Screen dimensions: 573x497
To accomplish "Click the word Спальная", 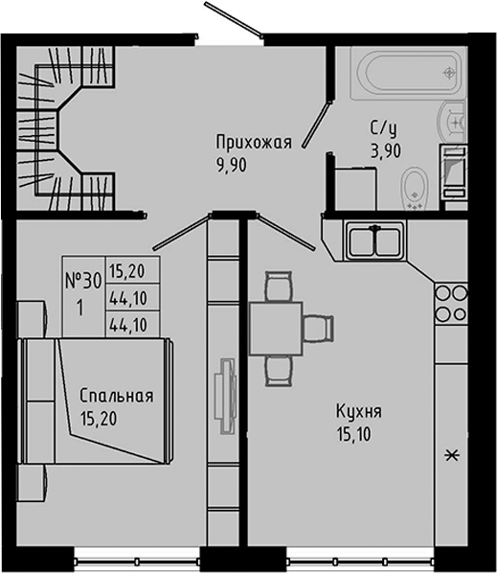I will [x=117, y=396].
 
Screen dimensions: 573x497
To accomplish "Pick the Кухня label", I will [x=359, y=412].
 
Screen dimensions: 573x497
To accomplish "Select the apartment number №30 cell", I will [x=83, y=281].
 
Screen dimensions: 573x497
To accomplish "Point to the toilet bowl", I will [x=414, y=188].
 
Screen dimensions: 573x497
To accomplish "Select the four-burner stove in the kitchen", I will [x=450, y=303].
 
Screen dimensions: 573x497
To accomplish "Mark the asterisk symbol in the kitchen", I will [x=451, y=455].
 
